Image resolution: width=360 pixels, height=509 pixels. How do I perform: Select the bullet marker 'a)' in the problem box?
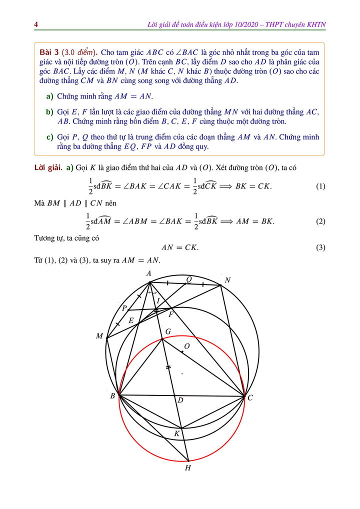pyautogui.click(x=49, y=96)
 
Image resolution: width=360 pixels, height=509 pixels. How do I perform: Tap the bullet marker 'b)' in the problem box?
pyautogui.click(x=49, y=111)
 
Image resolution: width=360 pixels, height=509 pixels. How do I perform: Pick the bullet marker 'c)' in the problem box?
pyautogui.click(x=49, y=136)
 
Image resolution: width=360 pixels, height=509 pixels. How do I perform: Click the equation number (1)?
pyautogui.click(x=320, y=186)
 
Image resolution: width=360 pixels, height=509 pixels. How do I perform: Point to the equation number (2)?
pyautogui.click(x=320, y=221)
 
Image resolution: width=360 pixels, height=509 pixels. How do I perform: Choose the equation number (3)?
pyautogui.click(x=320, y=247)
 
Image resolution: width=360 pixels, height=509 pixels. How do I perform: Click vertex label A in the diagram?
pyautogui.click(x=148, y=273)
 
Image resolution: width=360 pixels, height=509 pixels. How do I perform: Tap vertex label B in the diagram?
pyautogui.click(x=113, y=396)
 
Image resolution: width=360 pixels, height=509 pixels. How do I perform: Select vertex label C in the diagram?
pyautogui.click(x=250, y=398)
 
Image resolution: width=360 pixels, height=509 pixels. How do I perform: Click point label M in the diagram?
pyautogui.click(x=99, y=336)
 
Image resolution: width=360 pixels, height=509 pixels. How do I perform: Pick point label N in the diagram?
pyautogui.click(x=227, y=280)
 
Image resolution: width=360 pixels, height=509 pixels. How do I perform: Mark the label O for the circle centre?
pyautogui.click(x=187, y=346)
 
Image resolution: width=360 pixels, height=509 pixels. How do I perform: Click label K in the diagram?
pyautogui.click(x=176, y=433)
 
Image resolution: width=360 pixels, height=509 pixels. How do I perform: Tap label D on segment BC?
pyautogui.click(x=180, y=400)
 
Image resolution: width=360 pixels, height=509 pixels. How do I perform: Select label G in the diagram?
pyautogui.click(x=167, y=331)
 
